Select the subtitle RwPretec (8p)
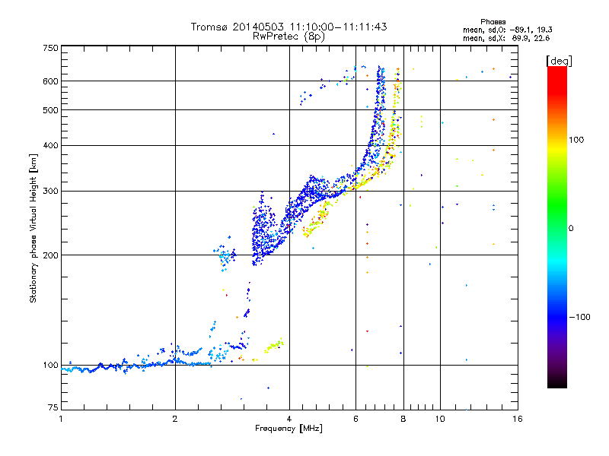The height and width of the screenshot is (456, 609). tap(289, 36)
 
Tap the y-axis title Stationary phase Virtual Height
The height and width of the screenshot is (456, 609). tap(33, 228)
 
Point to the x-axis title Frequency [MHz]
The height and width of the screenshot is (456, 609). tap(289, 428)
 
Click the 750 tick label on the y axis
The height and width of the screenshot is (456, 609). tap(50, 48)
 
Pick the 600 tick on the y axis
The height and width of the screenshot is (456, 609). tap(50, 81)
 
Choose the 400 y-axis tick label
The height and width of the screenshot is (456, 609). tap(50, 146)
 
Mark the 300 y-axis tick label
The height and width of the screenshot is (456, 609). tap(50, 192)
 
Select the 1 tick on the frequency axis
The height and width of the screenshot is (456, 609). tap(62, 419)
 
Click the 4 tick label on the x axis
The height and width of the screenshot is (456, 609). tap(289, 419)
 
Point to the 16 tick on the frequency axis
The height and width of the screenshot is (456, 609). tap(517, 419)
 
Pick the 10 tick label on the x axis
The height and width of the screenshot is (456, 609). tap(439, 419)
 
